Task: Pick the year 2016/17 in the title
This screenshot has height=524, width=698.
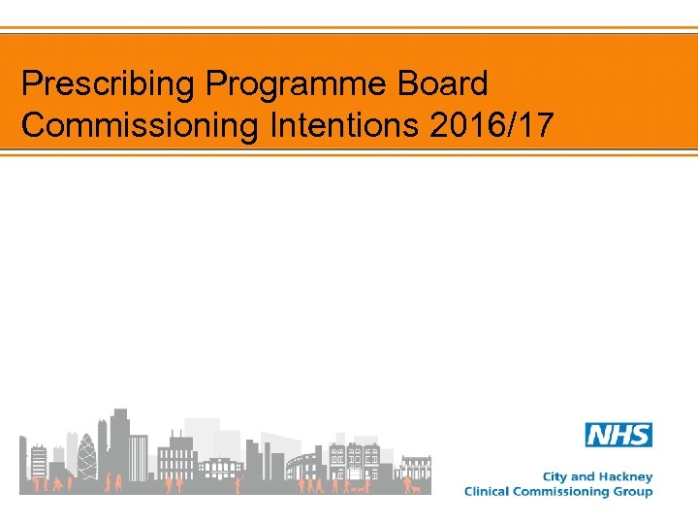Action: click(485, 126)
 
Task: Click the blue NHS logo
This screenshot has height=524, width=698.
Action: click(619, 435)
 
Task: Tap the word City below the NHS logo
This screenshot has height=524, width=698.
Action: click(555, 477)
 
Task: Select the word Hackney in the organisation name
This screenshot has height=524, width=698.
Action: click(626, 477)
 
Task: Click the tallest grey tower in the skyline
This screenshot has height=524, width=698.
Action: click(119, 446)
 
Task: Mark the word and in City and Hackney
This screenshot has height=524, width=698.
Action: click(585, 477)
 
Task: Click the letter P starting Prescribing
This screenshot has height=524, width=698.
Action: click(30, 84)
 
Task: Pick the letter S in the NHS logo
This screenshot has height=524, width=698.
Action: click(640, 435)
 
